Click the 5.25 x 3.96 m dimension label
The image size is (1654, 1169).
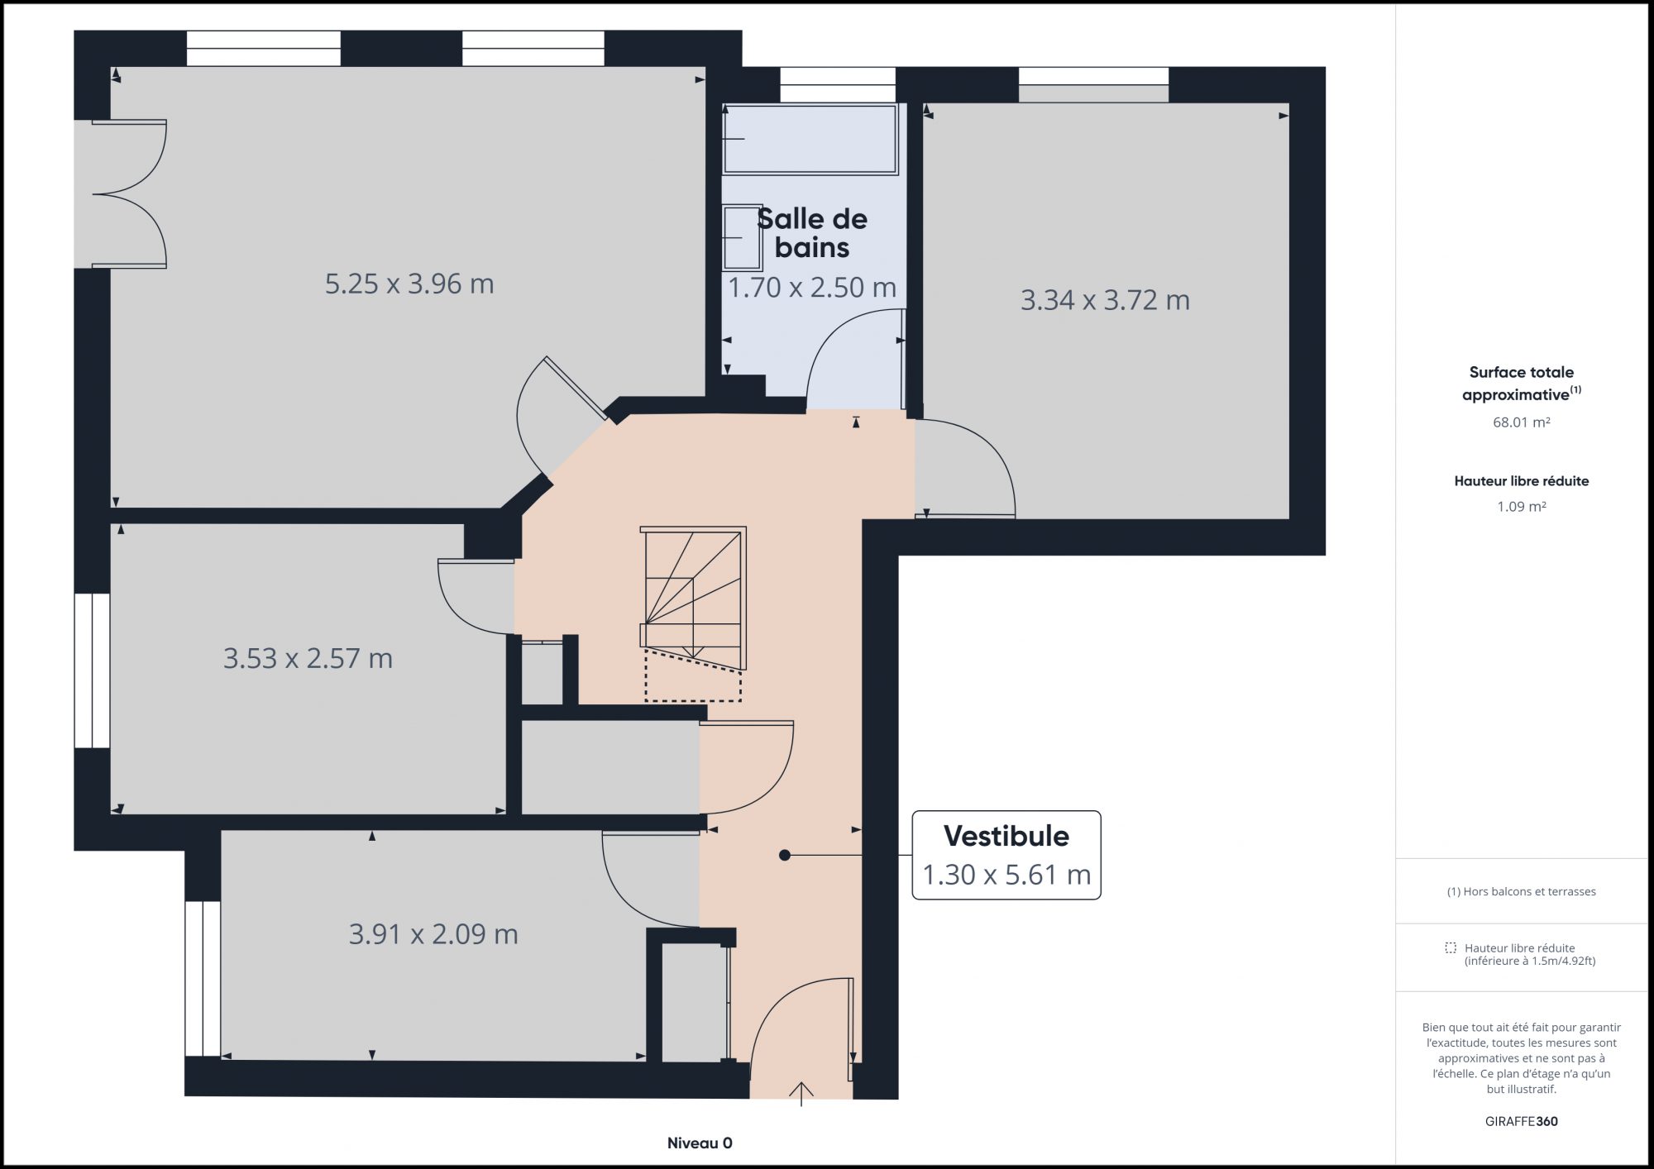click(x=409, y=284)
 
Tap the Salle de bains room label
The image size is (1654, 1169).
click(x=812, y=233)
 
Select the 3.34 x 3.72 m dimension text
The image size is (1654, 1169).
click(x=1105, y=300)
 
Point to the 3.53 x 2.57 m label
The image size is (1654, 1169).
click(x=308, y=659)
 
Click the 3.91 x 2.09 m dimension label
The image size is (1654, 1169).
click(x=433, y=934)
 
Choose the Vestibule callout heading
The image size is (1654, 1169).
click(x=1006, y=836)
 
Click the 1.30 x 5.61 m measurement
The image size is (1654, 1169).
click(x=1006, y=875)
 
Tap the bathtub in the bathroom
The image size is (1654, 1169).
click(x=810, y=139)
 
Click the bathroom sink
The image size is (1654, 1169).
click(x=742, y=237)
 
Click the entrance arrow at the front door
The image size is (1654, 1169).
click(x=801, y=1093)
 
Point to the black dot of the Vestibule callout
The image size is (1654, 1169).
click(x=785, y=856)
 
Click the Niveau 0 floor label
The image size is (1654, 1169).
click(x=700, y=1143)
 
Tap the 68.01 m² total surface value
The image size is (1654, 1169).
click(x=1522, y=422)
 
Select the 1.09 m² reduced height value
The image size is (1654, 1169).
click(x=1522, y=507)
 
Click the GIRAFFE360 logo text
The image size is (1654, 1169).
click(x=1522, y=1122)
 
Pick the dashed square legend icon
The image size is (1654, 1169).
click(x=1451, y=948)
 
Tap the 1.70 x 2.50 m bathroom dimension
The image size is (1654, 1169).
click(x=812, y=288)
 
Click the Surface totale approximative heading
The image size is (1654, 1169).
click(x=1522, y=384)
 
